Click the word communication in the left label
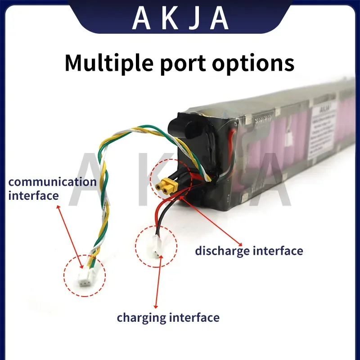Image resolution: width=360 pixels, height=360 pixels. (53, 182)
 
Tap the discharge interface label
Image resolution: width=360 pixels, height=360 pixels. (249, 250)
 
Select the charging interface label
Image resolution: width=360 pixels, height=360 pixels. (168, 318)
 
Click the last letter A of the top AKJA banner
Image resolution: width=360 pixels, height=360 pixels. (219, 18)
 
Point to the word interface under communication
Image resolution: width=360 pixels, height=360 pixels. (33, 195)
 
